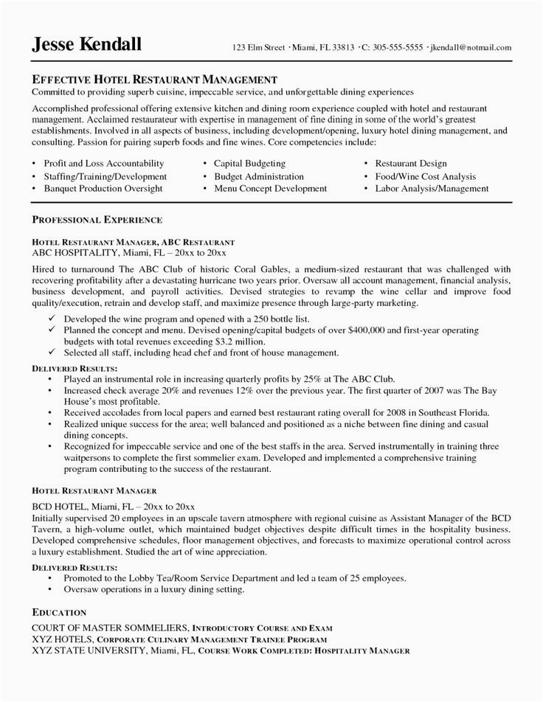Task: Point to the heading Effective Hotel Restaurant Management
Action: [x=154, y=78]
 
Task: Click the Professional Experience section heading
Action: [x=97, y=220]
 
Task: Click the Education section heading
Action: [x=60, y=612]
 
